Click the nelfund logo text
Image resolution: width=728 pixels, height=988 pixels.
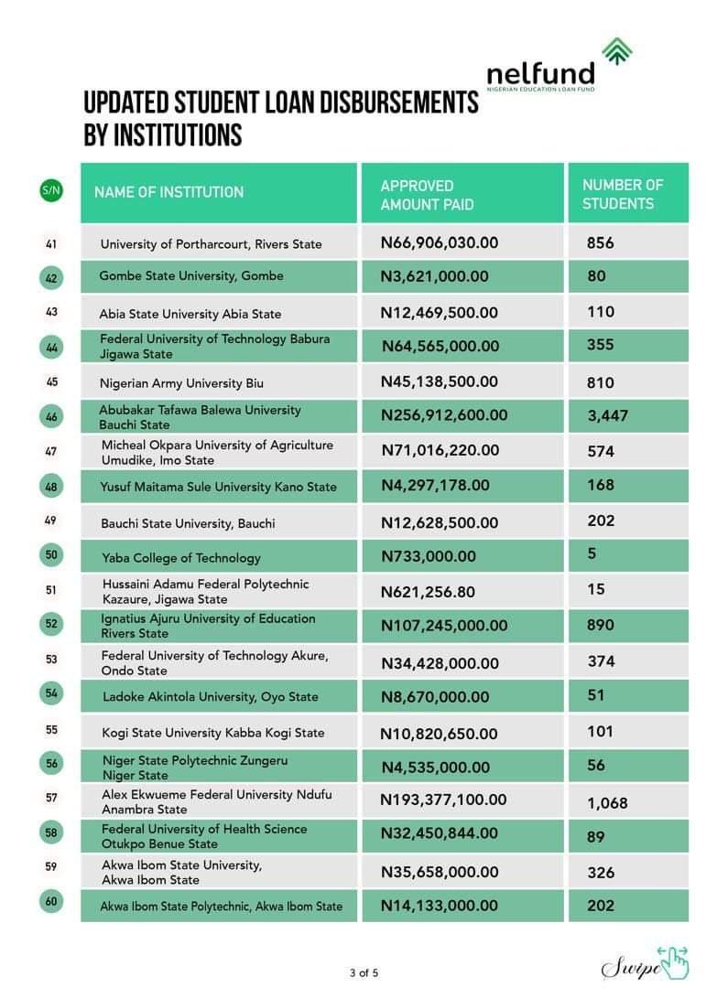(540, 74)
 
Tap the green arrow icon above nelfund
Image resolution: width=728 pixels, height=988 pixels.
(616, 52)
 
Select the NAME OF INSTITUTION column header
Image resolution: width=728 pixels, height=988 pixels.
(168, 192)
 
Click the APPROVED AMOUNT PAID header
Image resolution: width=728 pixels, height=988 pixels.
(427, 195)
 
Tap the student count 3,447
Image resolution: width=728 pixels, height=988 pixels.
(608, 416)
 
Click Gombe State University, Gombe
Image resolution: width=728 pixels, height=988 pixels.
(191, 276)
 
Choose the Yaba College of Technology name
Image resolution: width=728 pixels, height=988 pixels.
(180, 558)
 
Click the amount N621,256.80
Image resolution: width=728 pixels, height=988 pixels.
(428, 592)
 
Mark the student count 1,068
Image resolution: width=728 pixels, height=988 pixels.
(607, 803)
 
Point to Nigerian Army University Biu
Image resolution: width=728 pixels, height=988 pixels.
(181, 382)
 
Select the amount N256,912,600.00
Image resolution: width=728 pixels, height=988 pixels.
(443, 415)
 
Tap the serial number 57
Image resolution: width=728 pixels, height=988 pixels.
(51, 798)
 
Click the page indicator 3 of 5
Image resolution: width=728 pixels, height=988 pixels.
(364, 972)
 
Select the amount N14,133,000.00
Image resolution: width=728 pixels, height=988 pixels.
(439, 906)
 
